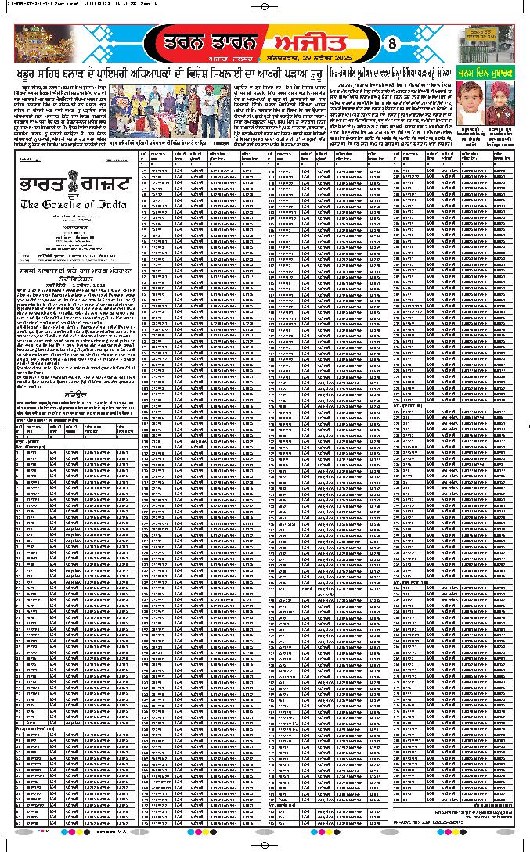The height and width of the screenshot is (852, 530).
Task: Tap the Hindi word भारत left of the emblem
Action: tap(39, 184)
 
